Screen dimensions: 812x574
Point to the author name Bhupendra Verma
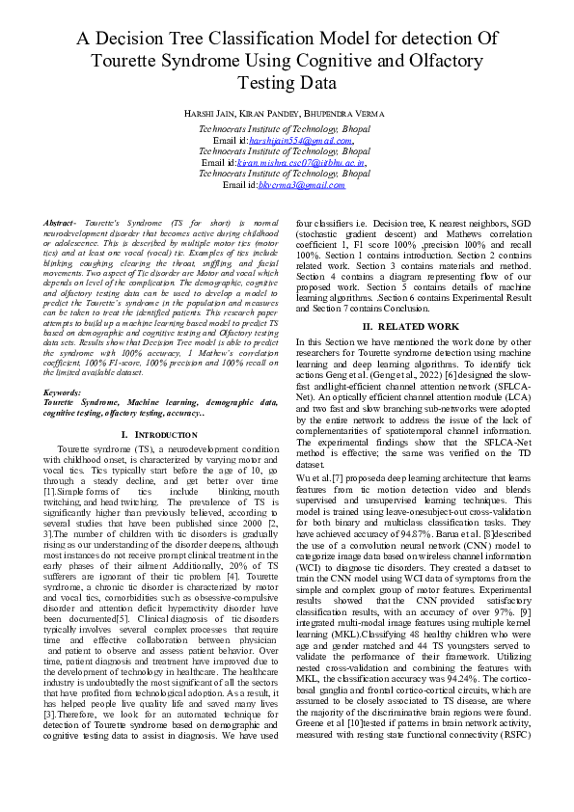(354, 114)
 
